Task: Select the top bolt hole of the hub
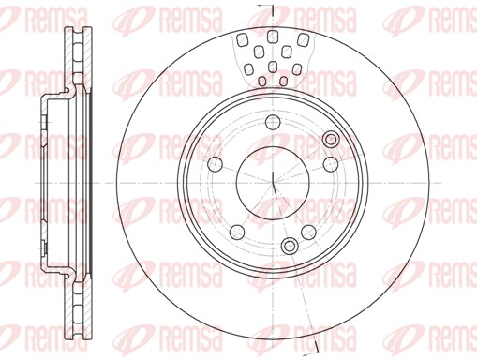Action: (x=273, y=122)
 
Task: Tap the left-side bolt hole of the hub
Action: (x=216, y=164)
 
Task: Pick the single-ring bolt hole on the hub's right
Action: (x=331, y=164)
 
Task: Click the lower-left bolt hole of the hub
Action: (x=237, y=232)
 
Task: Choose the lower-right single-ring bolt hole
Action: (x=308, y=232)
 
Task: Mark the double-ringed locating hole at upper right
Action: (x=331, y=139)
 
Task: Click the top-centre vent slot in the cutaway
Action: (x=273, y=37)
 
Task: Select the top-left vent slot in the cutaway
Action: (x=242, y=39)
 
